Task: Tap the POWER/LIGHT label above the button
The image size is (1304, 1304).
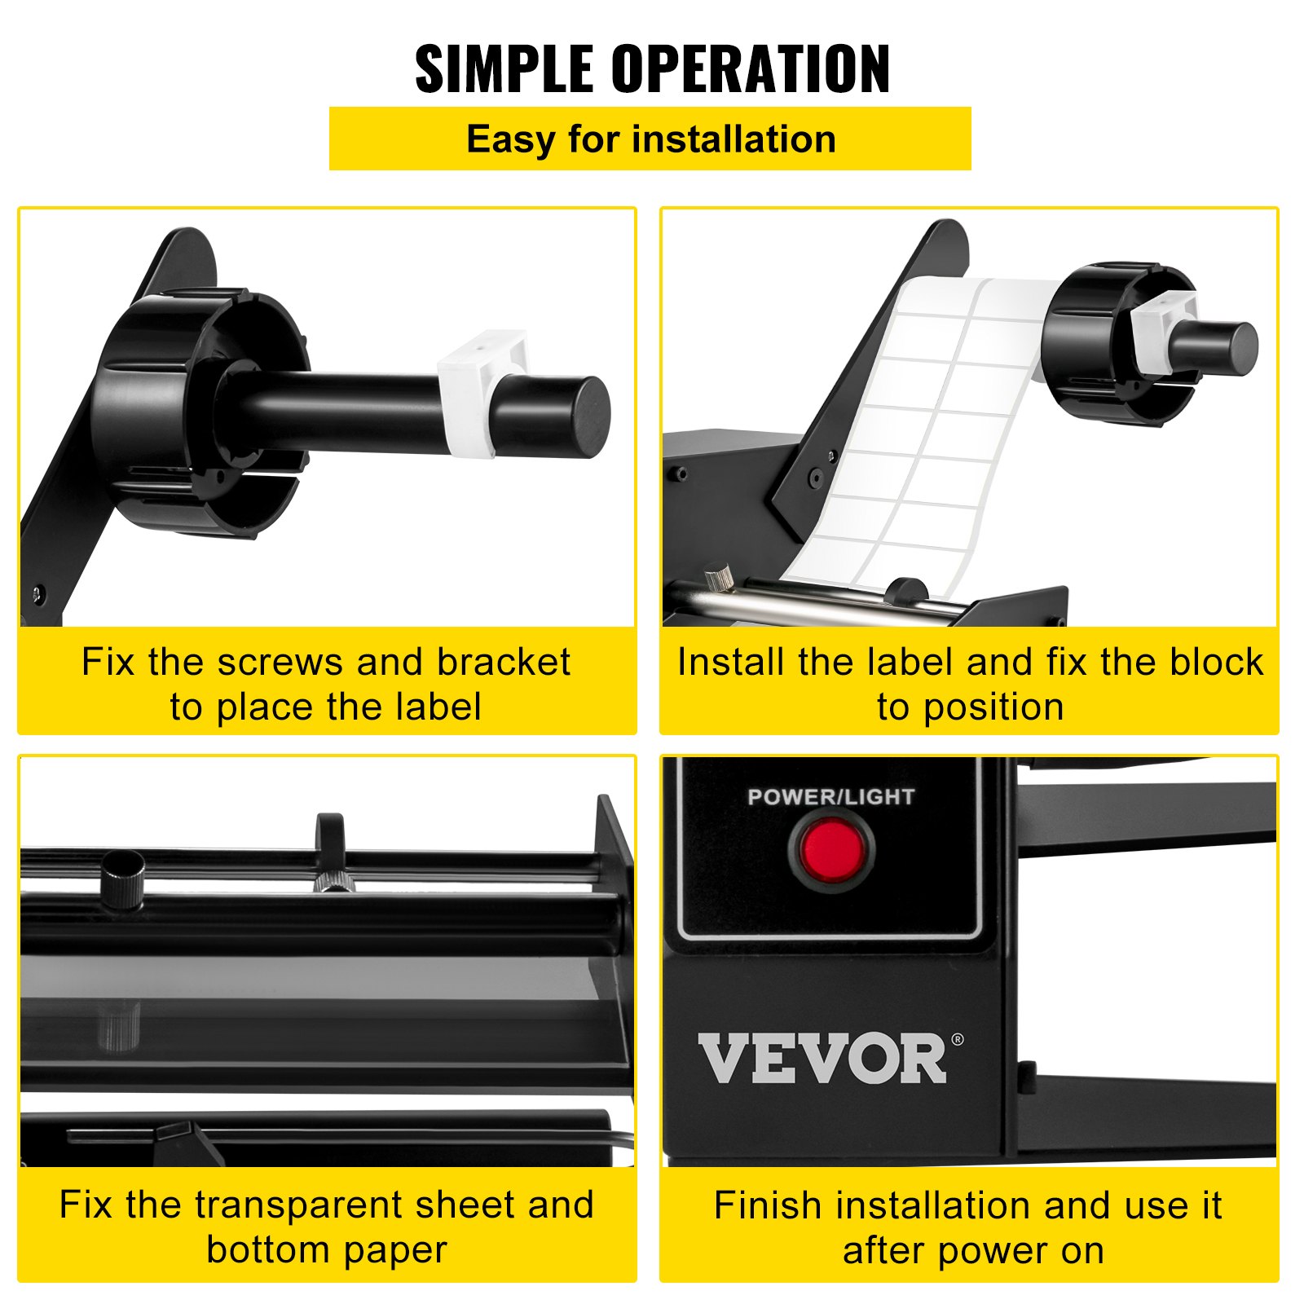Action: (x=830, y=796)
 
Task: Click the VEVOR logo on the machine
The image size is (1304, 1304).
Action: (x=822, y=1058)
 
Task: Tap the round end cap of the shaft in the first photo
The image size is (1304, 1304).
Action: (x=583, y=416)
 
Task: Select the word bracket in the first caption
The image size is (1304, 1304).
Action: (x=503, y=662)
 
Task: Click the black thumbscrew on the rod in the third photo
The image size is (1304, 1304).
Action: (x=123, y=879)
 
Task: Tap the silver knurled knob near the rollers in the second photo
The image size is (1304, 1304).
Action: (x=720, y=577)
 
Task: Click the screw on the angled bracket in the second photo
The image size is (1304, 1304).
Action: (x=813, y=477)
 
